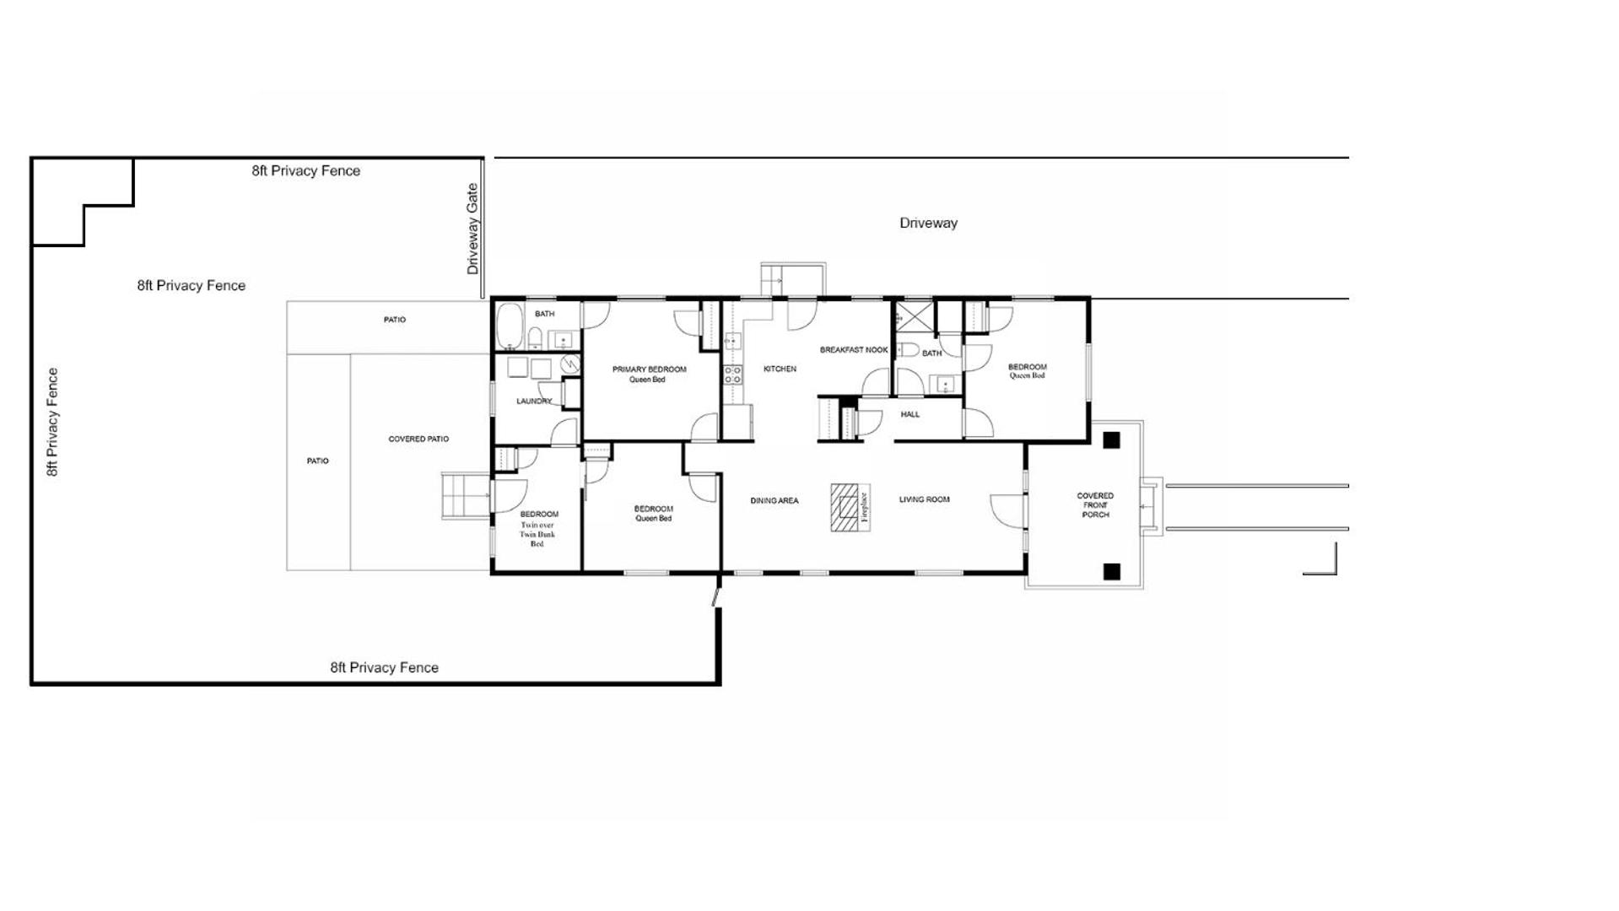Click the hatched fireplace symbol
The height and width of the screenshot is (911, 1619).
click(x=845, y=507)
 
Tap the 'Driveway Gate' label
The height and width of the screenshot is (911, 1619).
click(x=472, y=229)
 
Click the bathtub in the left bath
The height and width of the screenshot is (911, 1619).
click(x=509, y=326)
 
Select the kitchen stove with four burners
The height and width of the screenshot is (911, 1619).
click(x=732, y=375)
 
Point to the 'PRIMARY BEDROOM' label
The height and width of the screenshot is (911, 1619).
click(x=649, y=369)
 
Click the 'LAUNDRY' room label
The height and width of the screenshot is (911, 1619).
click(x=534, y=402)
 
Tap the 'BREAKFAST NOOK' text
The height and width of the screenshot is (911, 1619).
click(x=854, y=350)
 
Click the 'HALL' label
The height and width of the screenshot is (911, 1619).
click(x=910, y=414)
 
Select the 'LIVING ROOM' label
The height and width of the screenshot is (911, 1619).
click(x=924, y=499)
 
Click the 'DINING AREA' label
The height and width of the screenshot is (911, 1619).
click(x=774, y=501)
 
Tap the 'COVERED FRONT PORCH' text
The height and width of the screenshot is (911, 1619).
click(x=1095, y=505)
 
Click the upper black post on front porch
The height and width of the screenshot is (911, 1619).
click(x=1111, y=439)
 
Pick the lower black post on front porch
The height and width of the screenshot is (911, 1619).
click(x=1111, y=571)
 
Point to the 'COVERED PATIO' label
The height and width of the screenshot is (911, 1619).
click(x=418, y=439)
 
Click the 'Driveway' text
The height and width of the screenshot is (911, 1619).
click(x=928, y=224)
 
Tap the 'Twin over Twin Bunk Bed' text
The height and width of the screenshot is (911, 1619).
click(x=537, y=535)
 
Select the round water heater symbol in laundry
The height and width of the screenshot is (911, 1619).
click(x=571, y=364)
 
